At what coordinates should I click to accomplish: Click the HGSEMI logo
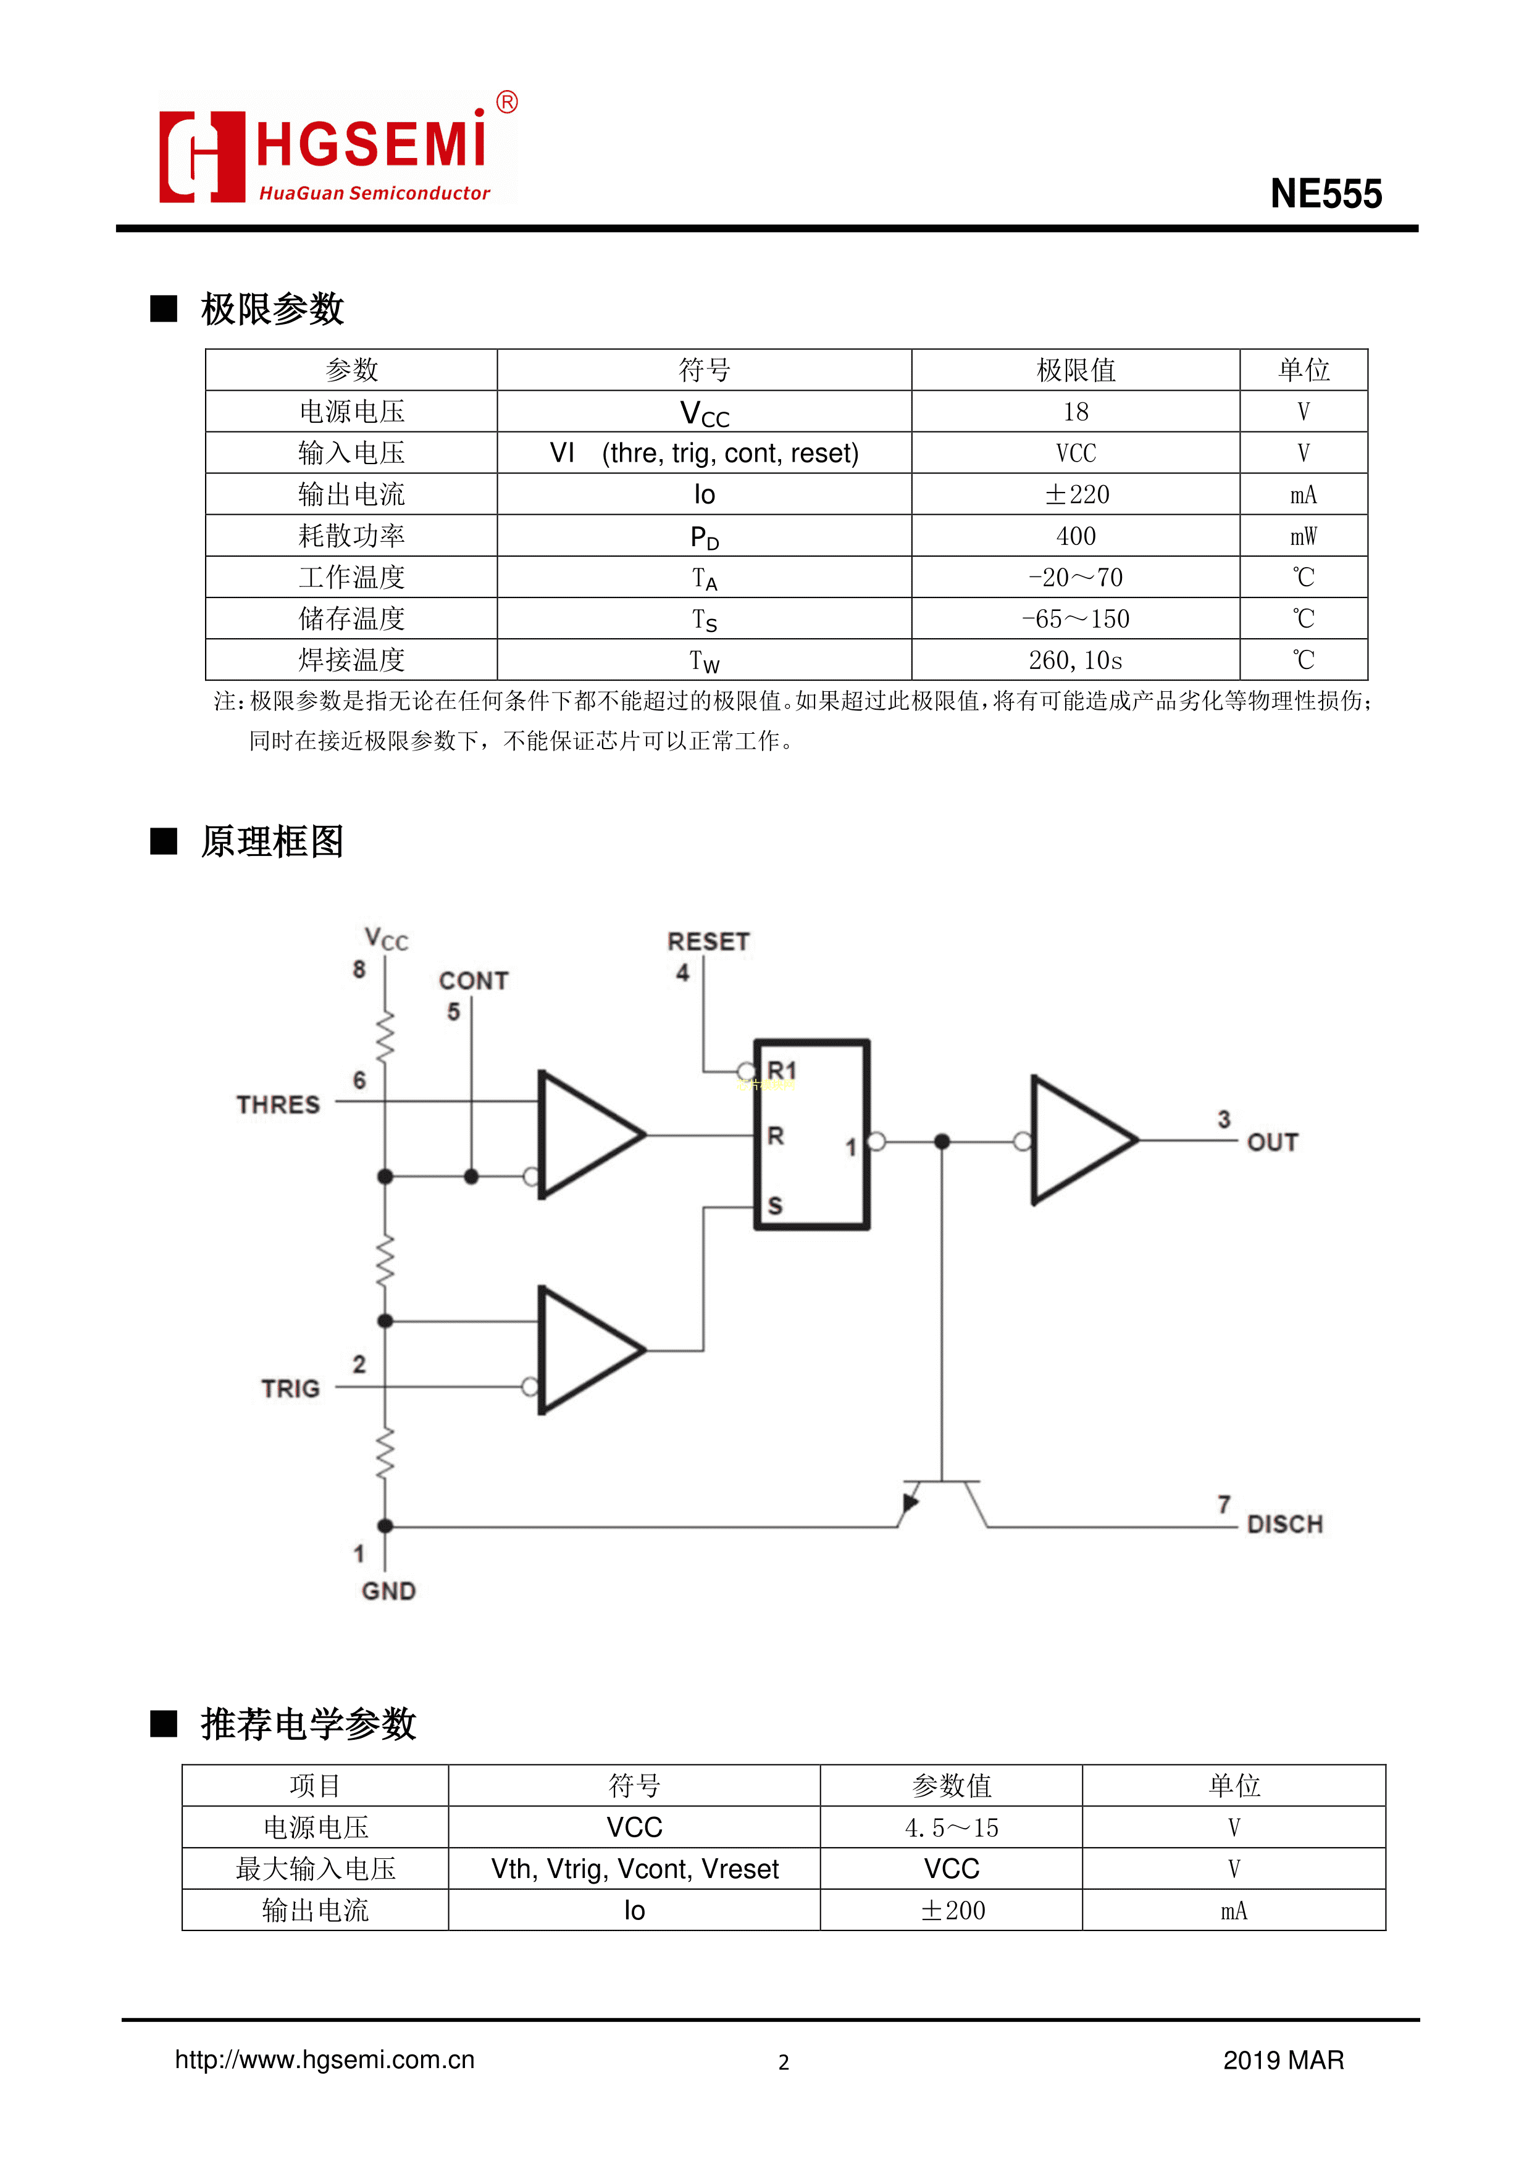[x=337, y=151]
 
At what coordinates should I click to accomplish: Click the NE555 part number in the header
[x=1325, y=194]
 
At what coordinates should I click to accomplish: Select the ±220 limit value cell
[x=1076, y=494]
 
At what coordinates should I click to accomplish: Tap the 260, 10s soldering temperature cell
[x=1076, y=660]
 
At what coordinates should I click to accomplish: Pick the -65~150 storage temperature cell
[x=1076, y=618]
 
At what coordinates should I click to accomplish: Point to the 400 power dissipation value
[x=1076, y=536]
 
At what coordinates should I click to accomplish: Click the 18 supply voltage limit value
[x=1076, y=411]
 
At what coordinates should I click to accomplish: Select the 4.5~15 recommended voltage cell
[x=951, y=1827]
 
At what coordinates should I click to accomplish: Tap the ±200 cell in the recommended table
[x=951, y=1910]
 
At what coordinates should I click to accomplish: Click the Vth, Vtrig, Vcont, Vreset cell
[x=634, y=1869]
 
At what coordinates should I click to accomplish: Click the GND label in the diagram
[x=388, y=1591]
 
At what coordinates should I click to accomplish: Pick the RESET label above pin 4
[x=708, y=941]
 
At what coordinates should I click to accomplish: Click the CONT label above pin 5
[x=474, y=981]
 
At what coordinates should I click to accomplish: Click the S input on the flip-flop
[x=776, y=1205]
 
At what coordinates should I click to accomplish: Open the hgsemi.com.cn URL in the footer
[x=325, y=2059]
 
